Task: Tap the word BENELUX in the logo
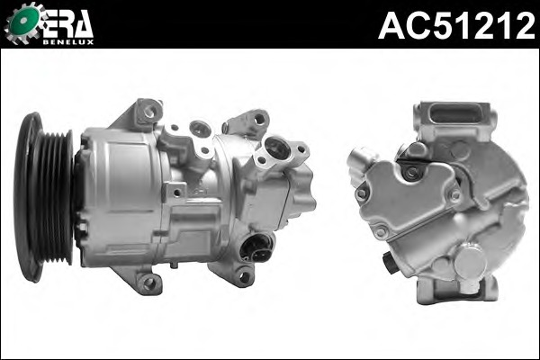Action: click(68, 40)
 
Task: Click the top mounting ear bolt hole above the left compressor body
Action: click(149, 112)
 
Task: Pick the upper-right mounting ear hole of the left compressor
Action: click(259, 119)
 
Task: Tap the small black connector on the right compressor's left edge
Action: click(388, 264)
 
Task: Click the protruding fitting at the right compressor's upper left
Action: click(357, 162)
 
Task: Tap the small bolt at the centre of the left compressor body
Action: click(177, 191)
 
